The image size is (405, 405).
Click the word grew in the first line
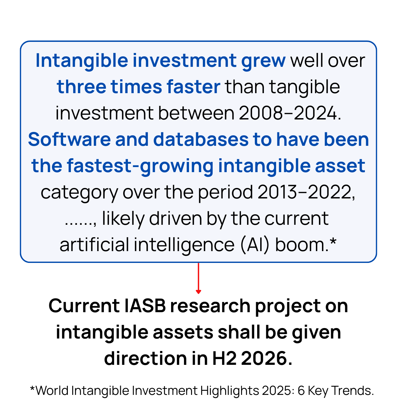[x=264, y=61]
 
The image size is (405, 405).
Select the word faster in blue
[x=193, y=87]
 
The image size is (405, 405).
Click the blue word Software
[x=69, y=140]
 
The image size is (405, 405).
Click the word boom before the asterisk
[x=300, y=245]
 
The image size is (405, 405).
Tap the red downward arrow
[x=198, y=278]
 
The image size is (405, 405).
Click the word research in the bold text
[x=210, y=306]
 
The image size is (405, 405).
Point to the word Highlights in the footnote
[x=229, y=391]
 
